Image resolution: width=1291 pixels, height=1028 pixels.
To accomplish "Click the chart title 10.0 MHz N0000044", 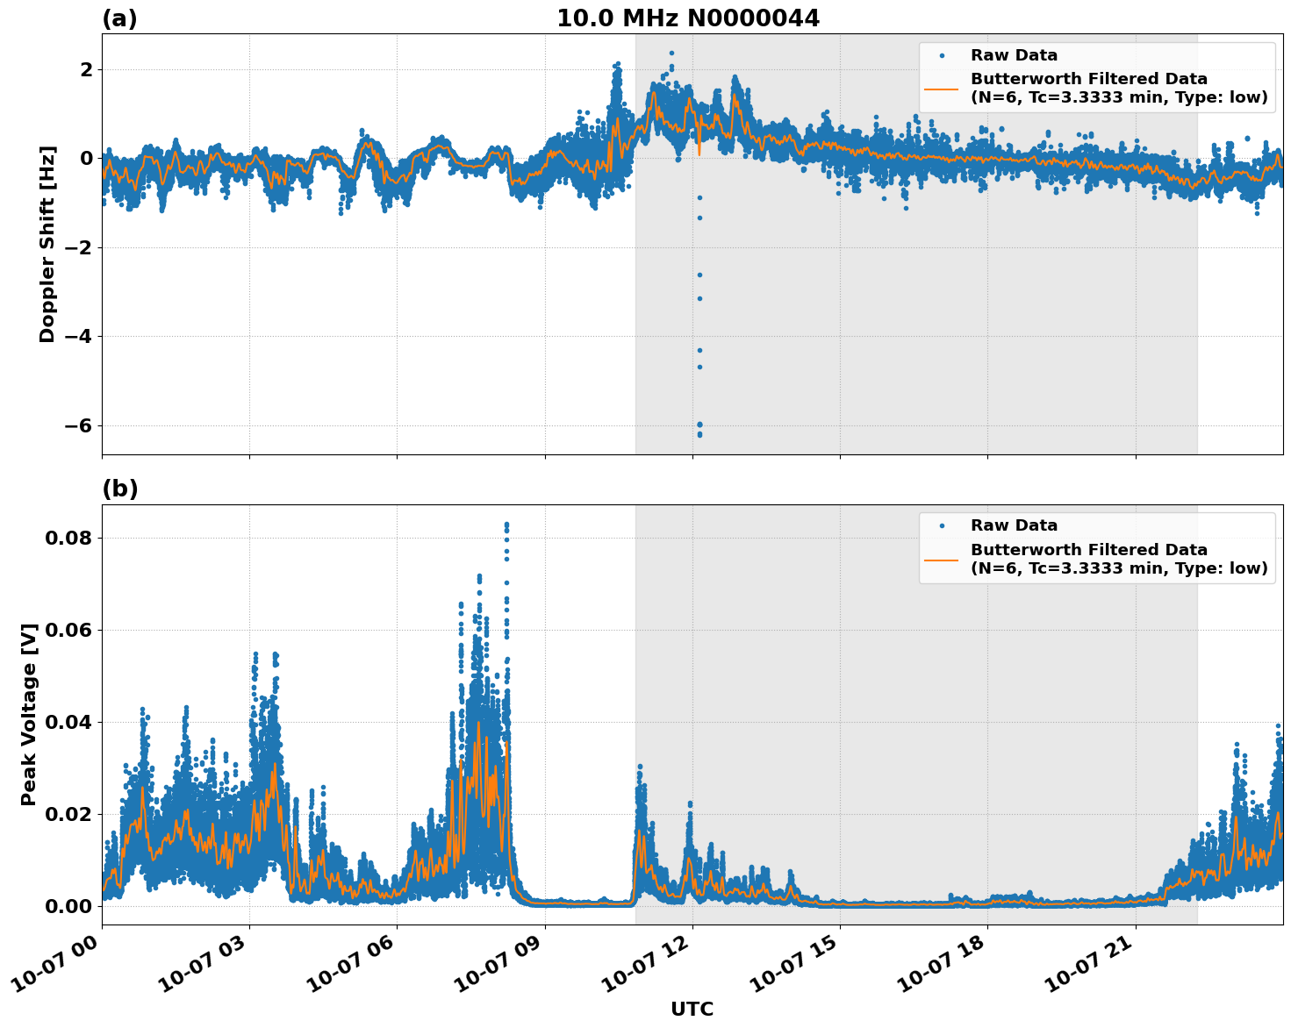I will click(x=688, y=18).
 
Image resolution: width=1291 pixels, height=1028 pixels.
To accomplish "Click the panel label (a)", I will click(x=119, y=18).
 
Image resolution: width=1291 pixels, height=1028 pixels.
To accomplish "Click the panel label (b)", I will click(x=119, y=489).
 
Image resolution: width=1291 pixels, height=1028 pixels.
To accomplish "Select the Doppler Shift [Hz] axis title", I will click(x=47, y=244).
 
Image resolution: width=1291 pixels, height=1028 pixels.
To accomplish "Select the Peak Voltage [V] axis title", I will click(x=29, y=714).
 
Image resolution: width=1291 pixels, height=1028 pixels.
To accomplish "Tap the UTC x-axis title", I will click(x=692, y=1009).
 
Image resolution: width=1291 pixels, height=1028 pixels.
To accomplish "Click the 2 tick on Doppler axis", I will click(x=85, y=69).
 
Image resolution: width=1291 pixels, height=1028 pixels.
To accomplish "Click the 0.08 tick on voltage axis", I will click(x=68, y=538).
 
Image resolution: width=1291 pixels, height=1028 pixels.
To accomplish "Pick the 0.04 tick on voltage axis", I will click(x=68, y=722).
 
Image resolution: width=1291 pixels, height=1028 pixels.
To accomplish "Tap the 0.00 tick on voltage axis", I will click(x=68, y=906).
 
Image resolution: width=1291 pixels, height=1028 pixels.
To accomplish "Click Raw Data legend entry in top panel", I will click(x=1014, y=55).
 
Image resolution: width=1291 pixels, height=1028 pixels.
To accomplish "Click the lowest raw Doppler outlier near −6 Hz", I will click(x=699, y=435).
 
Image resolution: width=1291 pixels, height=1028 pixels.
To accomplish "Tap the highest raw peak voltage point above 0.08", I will click(x=506, y=525).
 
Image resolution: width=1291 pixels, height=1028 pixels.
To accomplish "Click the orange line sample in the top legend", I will click(x=942, y=88).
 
